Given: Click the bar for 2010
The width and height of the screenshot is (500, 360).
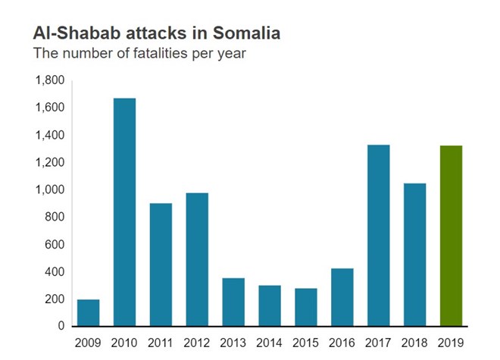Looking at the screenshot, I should click(124, 212).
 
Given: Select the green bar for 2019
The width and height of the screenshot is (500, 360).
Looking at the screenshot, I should click(451, 236).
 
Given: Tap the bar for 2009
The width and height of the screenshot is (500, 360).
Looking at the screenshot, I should click(88, 313).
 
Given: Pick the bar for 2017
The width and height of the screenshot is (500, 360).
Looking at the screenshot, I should click(378, 235).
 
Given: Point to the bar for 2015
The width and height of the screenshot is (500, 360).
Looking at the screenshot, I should click(306, 307).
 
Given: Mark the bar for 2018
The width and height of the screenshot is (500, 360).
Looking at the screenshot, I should click(414, 255).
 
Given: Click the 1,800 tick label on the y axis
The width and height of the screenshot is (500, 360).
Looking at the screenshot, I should click(50, 80).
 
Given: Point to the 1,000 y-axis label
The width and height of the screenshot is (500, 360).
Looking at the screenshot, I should click(50, 189).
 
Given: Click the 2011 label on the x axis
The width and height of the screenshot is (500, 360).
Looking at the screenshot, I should click(161, 343).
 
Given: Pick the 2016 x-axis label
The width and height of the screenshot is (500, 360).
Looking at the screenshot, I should click(342, 343).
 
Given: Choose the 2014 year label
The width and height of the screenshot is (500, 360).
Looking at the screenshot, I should click(270, 343).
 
